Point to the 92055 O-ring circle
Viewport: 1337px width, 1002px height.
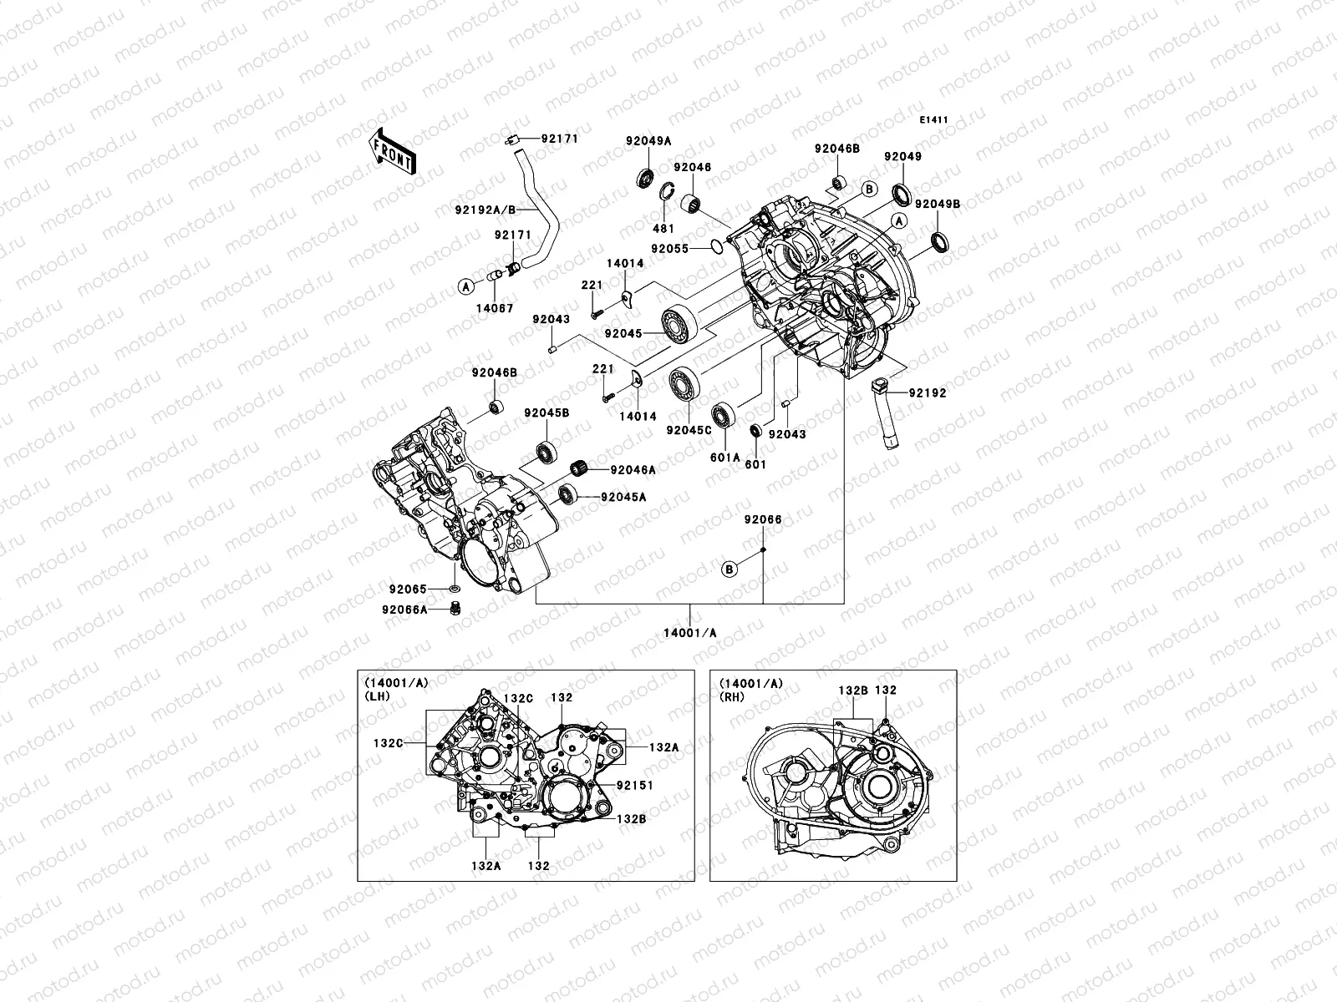point(716,246)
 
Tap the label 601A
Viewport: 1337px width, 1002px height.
point(725,458)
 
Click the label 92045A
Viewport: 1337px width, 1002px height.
point(623,497)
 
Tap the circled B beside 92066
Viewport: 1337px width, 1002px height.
point(730,569)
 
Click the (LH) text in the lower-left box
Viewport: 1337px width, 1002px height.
point(376,695)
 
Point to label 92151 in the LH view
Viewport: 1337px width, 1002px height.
point(634,786)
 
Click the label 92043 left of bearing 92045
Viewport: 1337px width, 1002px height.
point(551,320)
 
